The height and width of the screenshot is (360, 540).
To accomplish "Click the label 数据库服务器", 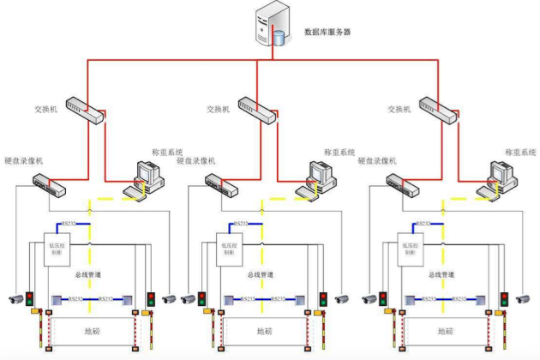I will pos(327,32).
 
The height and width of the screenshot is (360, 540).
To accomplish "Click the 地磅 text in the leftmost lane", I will pos(91,330).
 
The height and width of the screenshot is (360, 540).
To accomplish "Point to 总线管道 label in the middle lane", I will pos(262,275).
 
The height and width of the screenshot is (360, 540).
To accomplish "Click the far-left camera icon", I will pos(15,299).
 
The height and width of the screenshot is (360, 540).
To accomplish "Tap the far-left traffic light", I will pos(30,299).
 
